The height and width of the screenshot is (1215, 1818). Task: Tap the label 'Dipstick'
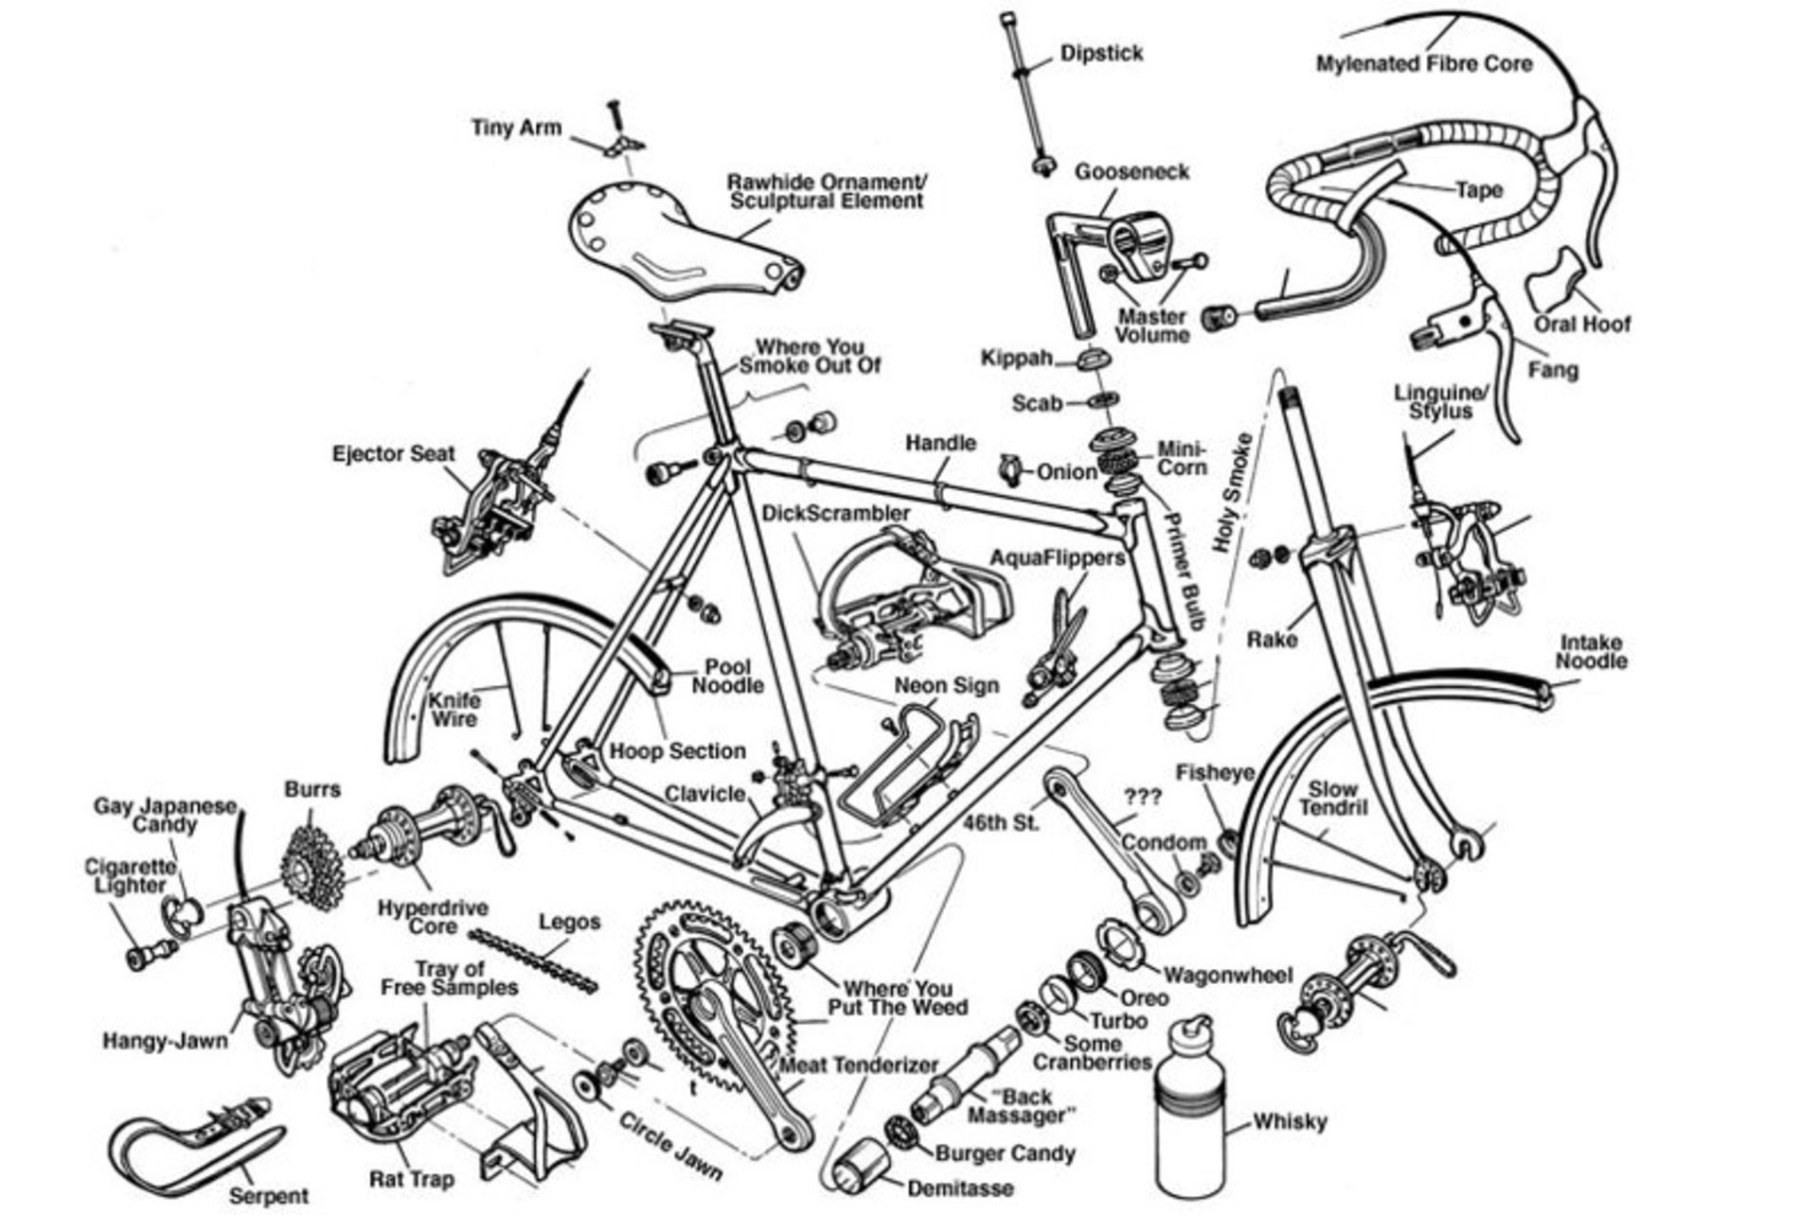(x=1101, y=53)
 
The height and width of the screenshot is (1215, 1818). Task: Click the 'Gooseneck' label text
(x=1131, y=172)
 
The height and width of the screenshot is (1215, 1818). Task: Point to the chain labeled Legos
(x=535, y=961)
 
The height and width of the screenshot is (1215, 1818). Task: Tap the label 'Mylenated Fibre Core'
(x=1423, y=64)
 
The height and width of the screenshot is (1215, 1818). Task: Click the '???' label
(x=1142, y=797)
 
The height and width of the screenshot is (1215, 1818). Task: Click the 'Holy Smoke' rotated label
(x=1232, y=492)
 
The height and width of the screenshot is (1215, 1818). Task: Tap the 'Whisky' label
(x=1290, y=1122)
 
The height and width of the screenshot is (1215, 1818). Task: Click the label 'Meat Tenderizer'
(x=858, y=1065)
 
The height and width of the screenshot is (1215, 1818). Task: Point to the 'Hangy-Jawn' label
(x=165, y=1042)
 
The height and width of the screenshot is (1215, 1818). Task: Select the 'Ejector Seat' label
(x=393, y=454)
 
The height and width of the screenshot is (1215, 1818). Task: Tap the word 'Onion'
(x=1066, y=471)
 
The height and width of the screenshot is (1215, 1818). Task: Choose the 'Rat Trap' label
(x=411, y=1180)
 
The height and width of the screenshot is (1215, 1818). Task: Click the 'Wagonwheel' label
(x=1227, y=975)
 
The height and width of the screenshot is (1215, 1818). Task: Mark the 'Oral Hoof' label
(x=1582, y=325)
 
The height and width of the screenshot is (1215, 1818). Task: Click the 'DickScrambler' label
(x=835, y=513)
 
